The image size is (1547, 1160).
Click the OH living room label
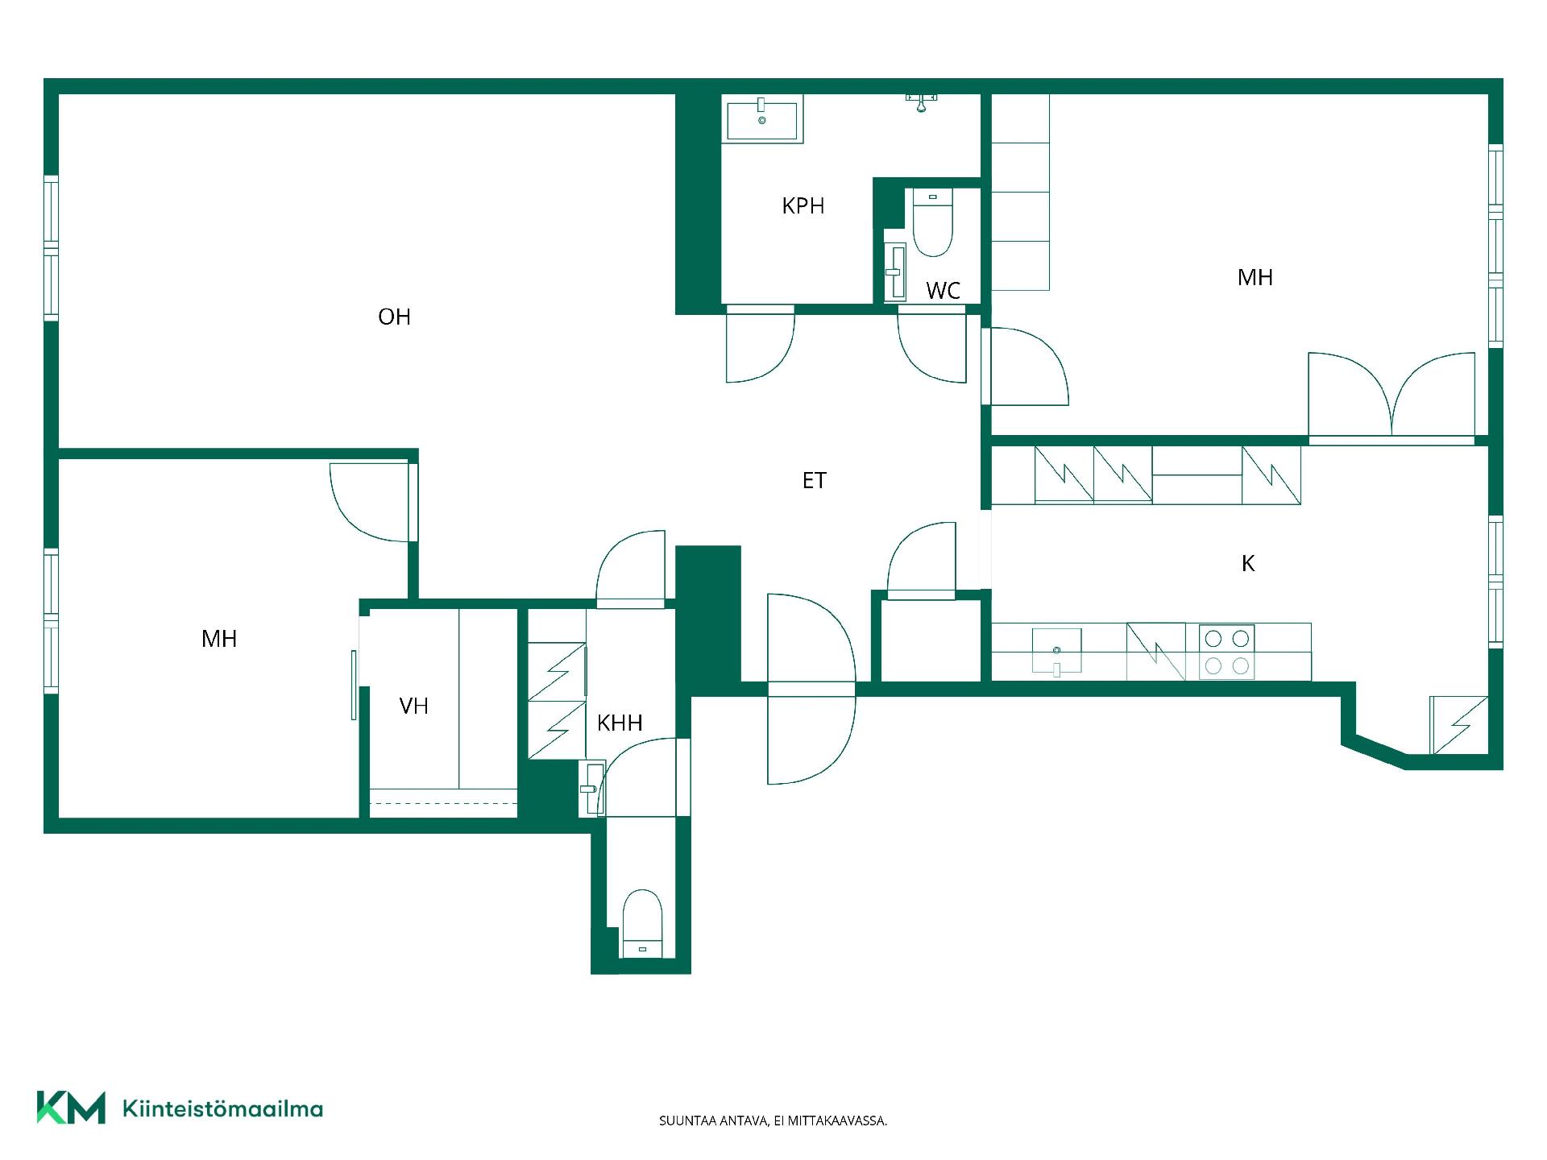[394, 317]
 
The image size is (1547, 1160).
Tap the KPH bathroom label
[803, 206]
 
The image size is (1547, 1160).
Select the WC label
[943, 291]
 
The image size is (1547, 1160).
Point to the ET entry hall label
[814, 481]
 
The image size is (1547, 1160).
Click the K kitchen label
[1248, 564]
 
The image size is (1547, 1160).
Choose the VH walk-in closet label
[413, 706]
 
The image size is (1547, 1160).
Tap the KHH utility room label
[620, 723]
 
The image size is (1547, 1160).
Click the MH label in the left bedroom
[219, 639]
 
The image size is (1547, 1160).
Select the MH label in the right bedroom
[1255, 277]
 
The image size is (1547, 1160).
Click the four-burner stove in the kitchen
[1226, 652]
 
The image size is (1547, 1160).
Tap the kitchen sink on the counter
[1056, 651]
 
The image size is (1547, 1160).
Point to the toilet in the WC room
[933, 223]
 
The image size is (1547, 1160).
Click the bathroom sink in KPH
[762, 119]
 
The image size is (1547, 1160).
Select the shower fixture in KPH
[922, 102]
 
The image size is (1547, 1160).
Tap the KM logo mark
[71, 1108]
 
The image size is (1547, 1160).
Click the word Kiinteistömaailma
[222, 1108]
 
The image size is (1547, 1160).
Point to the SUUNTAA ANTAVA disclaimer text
[773, 1121]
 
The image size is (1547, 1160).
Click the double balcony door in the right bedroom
[1391, 396]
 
